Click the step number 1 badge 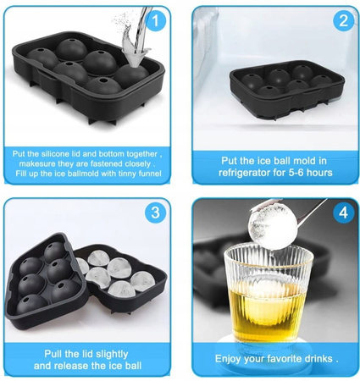click(x=156, y=19)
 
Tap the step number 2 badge click(x=344, y=20)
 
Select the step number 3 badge click(x=156, y=213)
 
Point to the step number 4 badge click(x=344, y=213)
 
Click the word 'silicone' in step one click(x=55, y=154)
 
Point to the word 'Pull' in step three click(x=53, y=354)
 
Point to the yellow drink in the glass click(x=266, y=308)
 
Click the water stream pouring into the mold click(x=136, y=36)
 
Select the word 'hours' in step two click(x=319, y=173)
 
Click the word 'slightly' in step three click(x=112, y=355)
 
